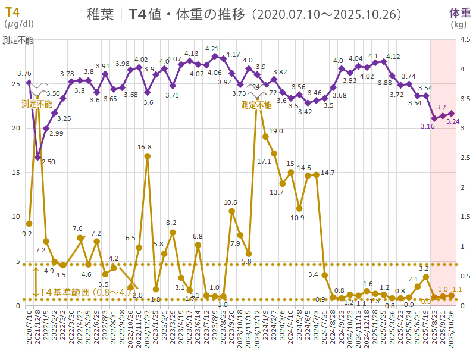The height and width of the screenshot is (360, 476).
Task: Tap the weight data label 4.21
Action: pos(212,49)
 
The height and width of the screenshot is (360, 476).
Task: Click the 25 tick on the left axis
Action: pos(15,83)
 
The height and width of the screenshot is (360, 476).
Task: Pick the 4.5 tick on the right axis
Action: pos(465,40)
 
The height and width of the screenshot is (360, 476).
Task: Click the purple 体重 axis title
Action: pos(459,12)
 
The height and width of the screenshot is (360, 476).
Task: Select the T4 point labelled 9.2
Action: pos(29,224)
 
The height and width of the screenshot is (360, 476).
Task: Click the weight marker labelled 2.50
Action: pos(37,157)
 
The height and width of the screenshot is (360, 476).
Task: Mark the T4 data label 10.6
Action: pos(231,202)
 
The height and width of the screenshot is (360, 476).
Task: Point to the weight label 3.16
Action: pos(427,126)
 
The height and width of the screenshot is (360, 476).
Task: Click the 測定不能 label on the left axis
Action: pos(18,40)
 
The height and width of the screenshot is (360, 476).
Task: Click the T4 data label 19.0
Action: pos(275,131)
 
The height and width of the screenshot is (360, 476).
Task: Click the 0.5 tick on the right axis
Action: pos(465,276)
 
